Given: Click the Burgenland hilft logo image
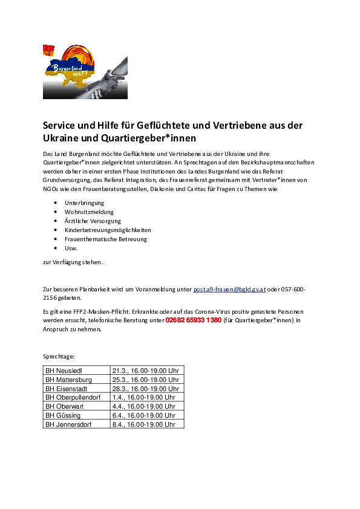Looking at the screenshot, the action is click(x=85, y=72).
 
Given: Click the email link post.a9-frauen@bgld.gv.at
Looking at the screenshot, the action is click(x=229, y=289).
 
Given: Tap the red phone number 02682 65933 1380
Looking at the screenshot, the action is click(x=194, y=320).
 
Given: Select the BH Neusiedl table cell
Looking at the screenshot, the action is click(x=77, y=371).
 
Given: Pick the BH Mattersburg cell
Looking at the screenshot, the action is click(x=77, y=380).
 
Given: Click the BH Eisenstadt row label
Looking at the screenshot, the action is click(x=67, y=389).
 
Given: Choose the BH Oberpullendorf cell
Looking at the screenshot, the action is click(x=77, y=397).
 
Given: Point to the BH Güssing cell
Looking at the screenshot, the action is click(x=77, y=415).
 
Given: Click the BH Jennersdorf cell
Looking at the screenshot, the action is click(x=77, y=424).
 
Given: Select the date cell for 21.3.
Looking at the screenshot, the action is click(x=147, y=371).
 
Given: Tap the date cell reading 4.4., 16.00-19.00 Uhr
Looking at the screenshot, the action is click(x=147, y=406).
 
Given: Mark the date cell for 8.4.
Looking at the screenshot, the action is click(x=147, y=424).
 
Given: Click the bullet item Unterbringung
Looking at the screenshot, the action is click(x=84, y=203).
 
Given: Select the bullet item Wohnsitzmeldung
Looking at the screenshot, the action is click(x=89, y=212).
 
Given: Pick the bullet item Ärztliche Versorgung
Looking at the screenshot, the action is click(x=93, y=221).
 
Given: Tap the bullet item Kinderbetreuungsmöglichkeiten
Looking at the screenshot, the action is click(x=108, y=230).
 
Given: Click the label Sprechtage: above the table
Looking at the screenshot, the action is click(x=59, y=357).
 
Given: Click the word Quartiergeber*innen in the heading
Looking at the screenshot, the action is click(x=148, y=138).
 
